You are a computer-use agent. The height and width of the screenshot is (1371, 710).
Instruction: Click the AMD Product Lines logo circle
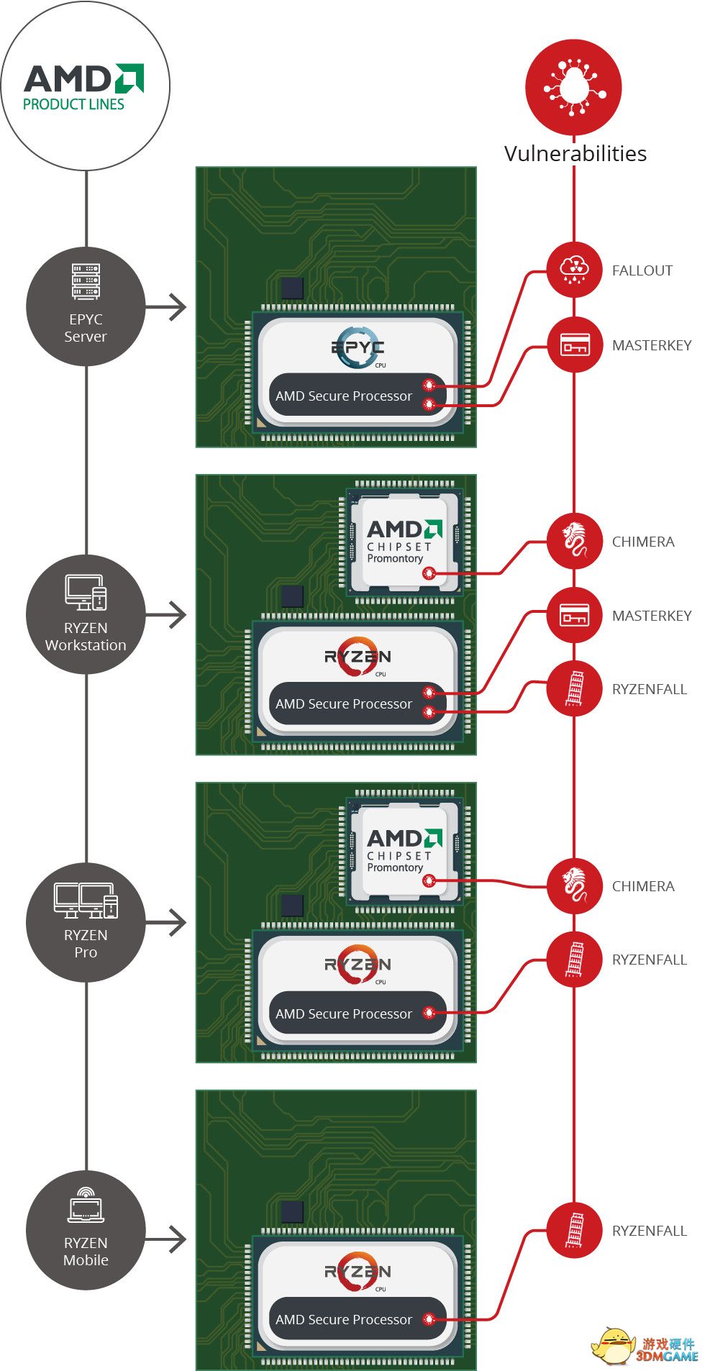pyautogui.click(x=86, y=86)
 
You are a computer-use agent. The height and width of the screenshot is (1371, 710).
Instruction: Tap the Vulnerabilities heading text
pyautogui.click(x=575, y=153)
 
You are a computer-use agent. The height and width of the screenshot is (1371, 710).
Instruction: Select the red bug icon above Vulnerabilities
pyautogui.click(x=573, y=87)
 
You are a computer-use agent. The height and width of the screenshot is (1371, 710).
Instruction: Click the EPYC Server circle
pyautogui.click(x=86, y=306)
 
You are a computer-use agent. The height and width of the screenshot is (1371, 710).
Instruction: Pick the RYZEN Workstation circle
pyautogui.click(x=86, y=614)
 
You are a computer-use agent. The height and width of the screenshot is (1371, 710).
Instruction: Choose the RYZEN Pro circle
pyautogui.click(x=86, y=922)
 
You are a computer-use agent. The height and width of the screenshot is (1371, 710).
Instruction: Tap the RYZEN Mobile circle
pyautogui.click(x=86, y=1230)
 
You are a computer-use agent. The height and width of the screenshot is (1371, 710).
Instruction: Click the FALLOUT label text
pyautogui.click(x=642, y=270)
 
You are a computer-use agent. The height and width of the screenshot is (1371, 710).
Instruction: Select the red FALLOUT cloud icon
pyautogui.click(x=574, y=270)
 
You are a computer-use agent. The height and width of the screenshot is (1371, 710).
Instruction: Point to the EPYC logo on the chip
pyautogui.click(x=358, y=347)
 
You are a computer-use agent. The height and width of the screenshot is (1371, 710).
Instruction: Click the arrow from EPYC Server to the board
pyautogui.click(x=166, y=307)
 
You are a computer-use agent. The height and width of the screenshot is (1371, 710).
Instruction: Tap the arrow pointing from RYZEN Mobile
pyautogui.click(x=166, y=1239)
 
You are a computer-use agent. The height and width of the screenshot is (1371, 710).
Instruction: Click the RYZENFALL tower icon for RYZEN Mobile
pyautogui.click(x=574, y=1230)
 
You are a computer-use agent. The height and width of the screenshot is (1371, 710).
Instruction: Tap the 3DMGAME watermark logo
pyautogui.click(x=645, y=1344)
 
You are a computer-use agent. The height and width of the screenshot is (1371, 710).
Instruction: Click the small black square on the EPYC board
pyautogui.click(x=292, y=288)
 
